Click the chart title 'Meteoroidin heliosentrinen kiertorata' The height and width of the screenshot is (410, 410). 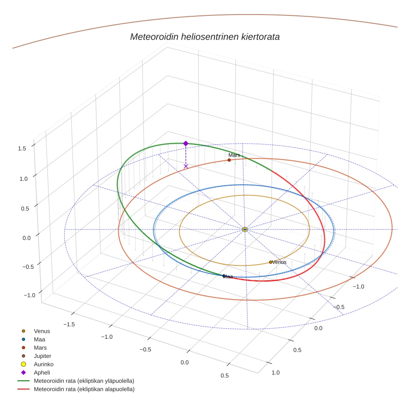(205, 37)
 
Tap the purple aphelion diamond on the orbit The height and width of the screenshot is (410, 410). (186, 143)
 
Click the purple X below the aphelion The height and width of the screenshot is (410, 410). (186, 166)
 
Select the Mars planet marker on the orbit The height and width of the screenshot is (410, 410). (229, 160)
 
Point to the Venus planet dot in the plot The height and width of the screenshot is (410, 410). (271, 262)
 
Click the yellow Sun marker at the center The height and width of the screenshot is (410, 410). (245, 229)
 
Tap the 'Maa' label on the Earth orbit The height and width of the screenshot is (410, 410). (228, 277)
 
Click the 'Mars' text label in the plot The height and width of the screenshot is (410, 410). (234, 155)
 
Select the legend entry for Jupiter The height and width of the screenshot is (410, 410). (42, 356)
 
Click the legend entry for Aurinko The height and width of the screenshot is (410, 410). (43, 364)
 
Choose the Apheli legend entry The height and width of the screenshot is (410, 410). (42, 372)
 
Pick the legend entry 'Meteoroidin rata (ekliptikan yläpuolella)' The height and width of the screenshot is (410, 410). (84, 381)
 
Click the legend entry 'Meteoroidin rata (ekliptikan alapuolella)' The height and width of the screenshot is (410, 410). (84, 389)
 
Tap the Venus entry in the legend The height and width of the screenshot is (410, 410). (42, 331)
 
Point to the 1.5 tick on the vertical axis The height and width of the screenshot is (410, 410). (22, 148)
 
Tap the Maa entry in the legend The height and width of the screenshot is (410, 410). (40, 339)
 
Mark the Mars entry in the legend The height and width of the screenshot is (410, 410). (40, 347)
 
